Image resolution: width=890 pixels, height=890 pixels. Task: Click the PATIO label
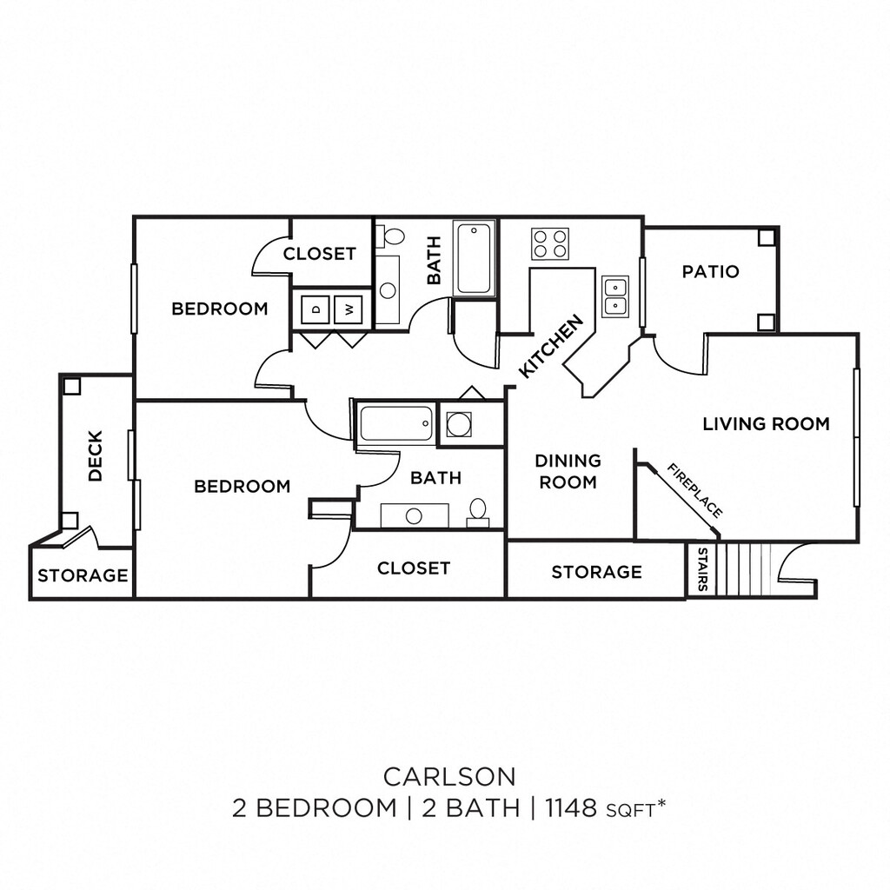[710, 271]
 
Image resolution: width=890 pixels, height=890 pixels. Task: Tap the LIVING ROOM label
[766, 424]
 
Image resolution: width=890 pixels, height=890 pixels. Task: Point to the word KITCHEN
[550, 347]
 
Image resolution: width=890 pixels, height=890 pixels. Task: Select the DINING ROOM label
[568, 471]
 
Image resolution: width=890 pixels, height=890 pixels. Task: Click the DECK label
[96, 455]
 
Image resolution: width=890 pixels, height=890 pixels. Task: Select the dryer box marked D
[316, 309]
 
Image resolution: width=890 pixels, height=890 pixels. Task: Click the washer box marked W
[349, 309]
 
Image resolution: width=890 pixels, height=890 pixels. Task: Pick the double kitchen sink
[615, 296]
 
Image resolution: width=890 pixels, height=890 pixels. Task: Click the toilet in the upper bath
[394, 236]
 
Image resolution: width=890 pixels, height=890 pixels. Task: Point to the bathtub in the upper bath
[475, 258]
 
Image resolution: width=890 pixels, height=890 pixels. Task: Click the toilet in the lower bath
[477, 512]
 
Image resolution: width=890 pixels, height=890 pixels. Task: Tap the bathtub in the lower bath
[395, 423]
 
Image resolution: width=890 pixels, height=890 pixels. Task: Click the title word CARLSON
[449, 774]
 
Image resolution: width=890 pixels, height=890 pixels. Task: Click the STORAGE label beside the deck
[83, 575]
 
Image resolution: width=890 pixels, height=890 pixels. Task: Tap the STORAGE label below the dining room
[596, 571]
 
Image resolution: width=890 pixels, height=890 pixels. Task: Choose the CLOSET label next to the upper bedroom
[319, 254]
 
